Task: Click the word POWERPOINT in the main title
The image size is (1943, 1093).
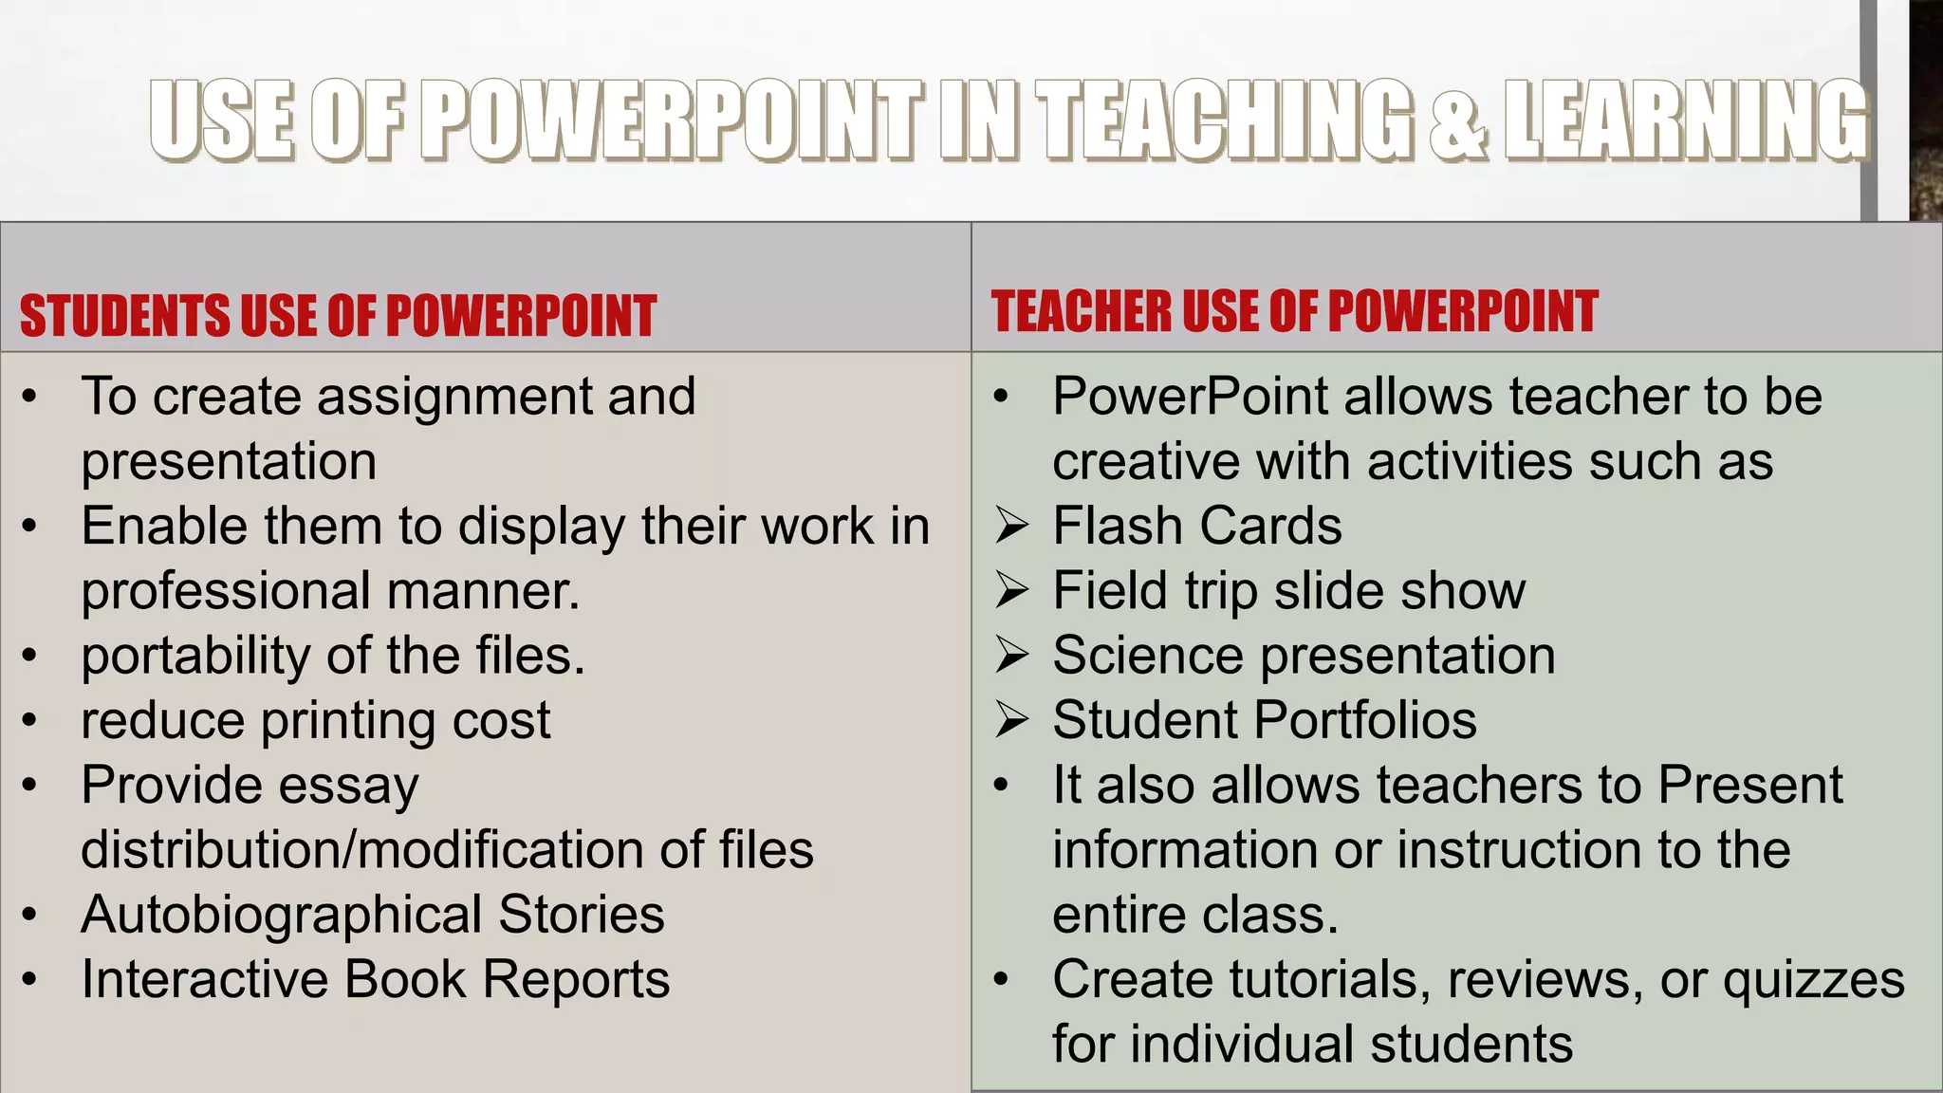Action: pyautogui.click(x=672, y=120)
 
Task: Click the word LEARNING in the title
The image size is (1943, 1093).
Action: pyautogui.click(x=1686, y=120)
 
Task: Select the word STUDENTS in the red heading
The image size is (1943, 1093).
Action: pyautogui.click(x=124, y=316)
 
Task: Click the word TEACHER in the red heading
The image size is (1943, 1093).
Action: pyautogui.click(x=1082, y=311)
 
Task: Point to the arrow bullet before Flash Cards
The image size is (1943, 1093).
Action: pyautogui.click(x=1011, y=526)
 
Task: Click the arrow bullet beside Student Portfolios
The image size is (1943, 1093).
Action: pyautogui.click(x=1011, y=720)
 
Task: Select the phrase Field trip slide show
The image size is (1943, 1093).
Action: pyautogui.click(x=1288, y=591)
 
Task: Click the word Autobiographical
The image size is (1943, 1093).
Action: pyautogui.click(x=282, y=915)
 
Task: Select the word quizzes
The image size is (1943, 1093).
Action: pyautogui.click(x=1813, y=980)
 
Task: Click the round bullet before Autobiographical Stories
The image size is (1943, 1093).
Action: pyautogui.click(x=30, y=915)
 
